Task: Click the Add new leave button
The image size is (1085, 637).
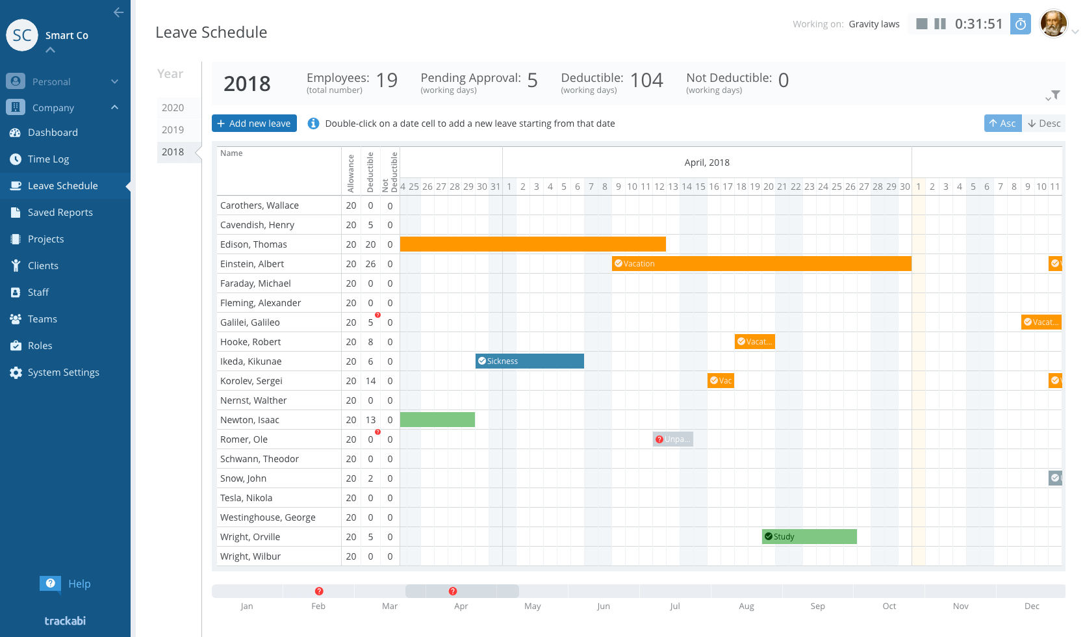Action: [x=254, y=123]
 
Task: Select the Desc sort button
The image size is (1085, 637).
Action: [x=1044, y=123]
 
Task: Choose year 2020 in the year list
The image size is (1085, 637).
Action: [x=172, y=108]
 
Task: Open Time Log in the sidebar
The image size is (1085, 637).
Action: [x=49, y=159]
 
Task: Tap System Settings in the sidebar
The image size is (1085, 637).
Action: [x=64, y=372]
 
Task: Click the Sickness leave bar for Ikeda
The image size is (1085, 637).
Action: [x=530, y=361]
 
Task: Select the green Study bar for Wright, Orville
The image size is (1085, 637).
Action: [x=810, y=537]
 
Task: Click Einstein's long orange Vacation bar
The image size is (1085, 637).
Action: [x=761, y=264]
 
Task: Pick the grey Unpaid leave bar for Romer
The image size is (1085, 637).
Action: [x=673, y=439]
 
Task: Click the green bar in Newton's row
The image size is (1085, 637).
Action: [x=437, y=420]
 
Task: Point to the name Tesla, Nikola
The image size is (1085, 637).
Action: [x=246, y=498]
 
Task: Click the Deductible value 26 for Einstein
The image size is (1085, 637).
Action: [x=370, y=264]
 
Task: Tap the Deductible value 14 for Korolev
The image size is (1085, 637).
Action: [x=370, y=381]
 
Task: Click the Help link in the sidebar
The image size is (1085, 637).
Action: [x=79, y=584]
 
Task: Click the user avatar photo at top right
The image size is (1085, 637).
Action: [x=1054, y=24]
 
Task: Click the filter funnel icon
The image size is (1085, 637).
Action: [x=1056, y=94]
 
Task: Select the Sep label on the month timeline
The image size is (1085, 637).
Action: [x=817, y=606]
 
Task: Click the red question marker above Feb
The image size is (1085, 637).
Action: [x=319, y=591]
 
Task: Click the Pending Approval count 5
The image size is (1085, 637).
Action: [x=532, y=81]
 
